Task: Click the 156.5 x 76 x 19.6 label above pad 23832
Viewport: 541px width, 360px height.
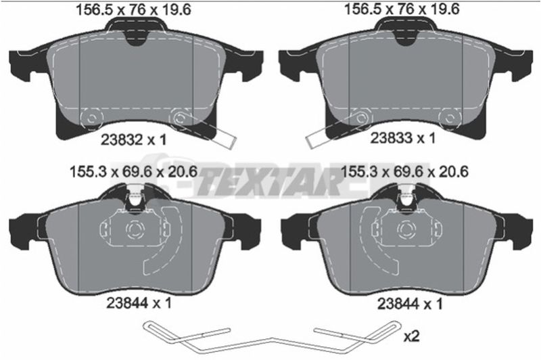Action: (x=133, y=9)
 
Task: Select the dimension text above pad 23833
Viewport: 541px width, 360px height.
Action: (x=402, y=9)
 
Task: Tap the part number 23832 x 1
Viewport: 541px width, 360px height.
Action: (x=134, y=140)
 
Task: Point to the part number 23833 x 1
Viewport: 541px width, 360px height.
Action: (x=402, y=139)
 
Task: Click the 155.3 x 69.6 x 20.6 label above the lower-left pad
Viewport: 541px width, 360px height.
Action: (x=133, y=172)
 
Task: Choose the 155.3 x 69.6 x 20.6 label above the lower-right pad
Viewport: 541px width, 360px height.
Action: (x=404, y=172)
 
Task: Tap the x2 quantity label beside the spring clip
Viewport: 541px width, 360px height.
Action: (x=411, y=336)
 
